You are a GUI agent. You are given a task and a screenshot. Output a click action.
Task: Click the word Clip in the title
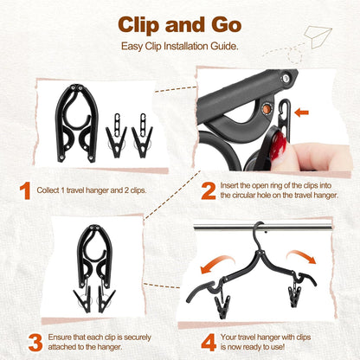(138, 25)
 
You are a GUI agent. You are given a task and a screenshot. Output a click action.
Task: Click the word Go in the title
(227, 25)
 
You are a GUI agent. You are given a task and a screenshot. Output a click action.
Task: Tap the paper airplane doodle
(318, 36)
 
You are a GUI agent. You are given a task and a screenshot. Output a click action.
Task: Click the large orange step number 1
(26, 190)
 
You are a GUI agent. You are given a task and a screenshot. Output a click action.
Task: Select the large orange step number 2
(209, 190)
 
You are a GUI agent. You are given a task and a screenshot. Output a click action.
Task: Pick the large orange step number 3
(35, 343)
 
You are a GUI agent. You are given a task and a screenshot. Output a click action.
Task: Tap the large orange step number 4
(209, 343)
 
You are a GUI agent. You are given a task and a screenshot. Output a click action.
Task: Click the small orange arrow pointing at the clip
(302, 112)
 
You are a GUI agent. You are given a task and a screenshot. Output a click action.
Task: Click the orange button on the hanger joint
(266, 109)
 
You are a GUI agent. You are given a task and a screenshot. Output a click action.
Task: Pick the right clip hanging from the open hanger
(294, 293)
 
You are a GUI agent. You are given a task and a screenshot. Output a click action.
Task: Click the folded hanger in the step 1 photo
(76, 123)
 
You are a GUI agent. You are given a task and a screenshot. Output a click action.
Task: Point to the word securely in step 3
(134, 337)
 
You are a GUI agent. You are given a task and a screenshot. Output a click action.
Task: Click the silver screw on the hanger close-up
(286, 78)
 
